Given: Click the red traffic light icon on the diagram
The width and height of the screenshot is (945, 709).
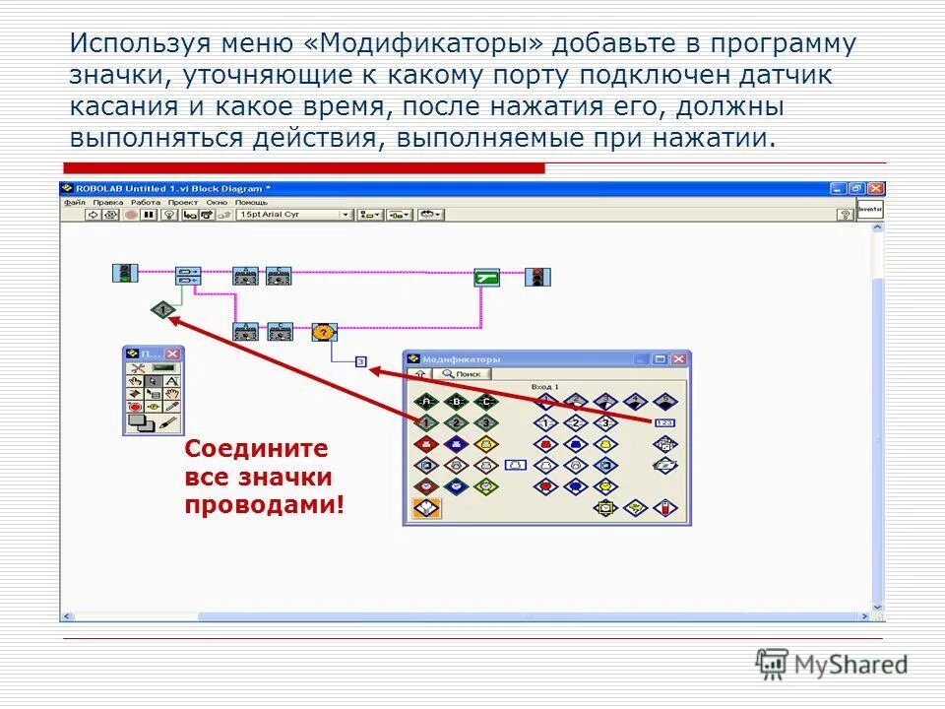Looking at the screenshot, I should pyautogui.click(x=537, y=277).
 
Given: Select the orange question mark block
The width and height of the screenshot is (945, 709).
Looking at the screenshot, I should pyautogui.click(x=324, y=332).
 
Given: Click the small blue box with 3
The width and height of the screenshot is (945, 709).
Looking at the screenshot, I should pyautogui.click(x=360, y=362).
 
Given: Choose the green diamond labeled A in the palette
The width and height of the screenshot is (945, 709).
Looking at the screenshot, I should pyautogui.click(x=425, y=402).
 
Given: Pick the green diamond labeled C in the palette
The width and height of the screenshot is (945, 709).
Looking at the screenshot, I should pyautogui.click(x=486, y=402).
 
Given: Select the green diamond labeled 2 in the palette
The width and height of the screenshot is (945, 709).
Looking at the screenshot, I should pyautogui.click(x=456, y=423).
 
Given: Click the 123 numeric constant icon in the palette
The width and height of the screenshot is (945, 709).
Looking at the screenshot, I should pyautogui.click(x=664, y=422).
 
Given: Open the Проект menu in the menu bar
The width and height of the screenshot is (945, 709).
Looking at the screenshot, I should pyautogui.click(x=182, y=202).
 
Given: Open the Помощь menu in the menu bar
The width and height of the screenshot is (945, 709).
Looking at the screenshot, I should pyautogui.click(x=251, y=202).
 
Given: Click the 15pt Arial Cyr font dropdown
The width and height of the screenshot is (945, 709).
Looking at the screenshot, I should pyautogui.click(x=293, y=214).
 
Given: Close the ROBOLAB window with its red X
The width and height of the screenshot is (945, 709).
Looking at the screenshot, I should pyautogui.click(x=876, y=188).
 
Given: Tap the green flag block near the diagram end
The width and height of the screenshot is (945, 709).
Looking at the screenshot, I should pyautogui.click(x=487, y=277).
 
